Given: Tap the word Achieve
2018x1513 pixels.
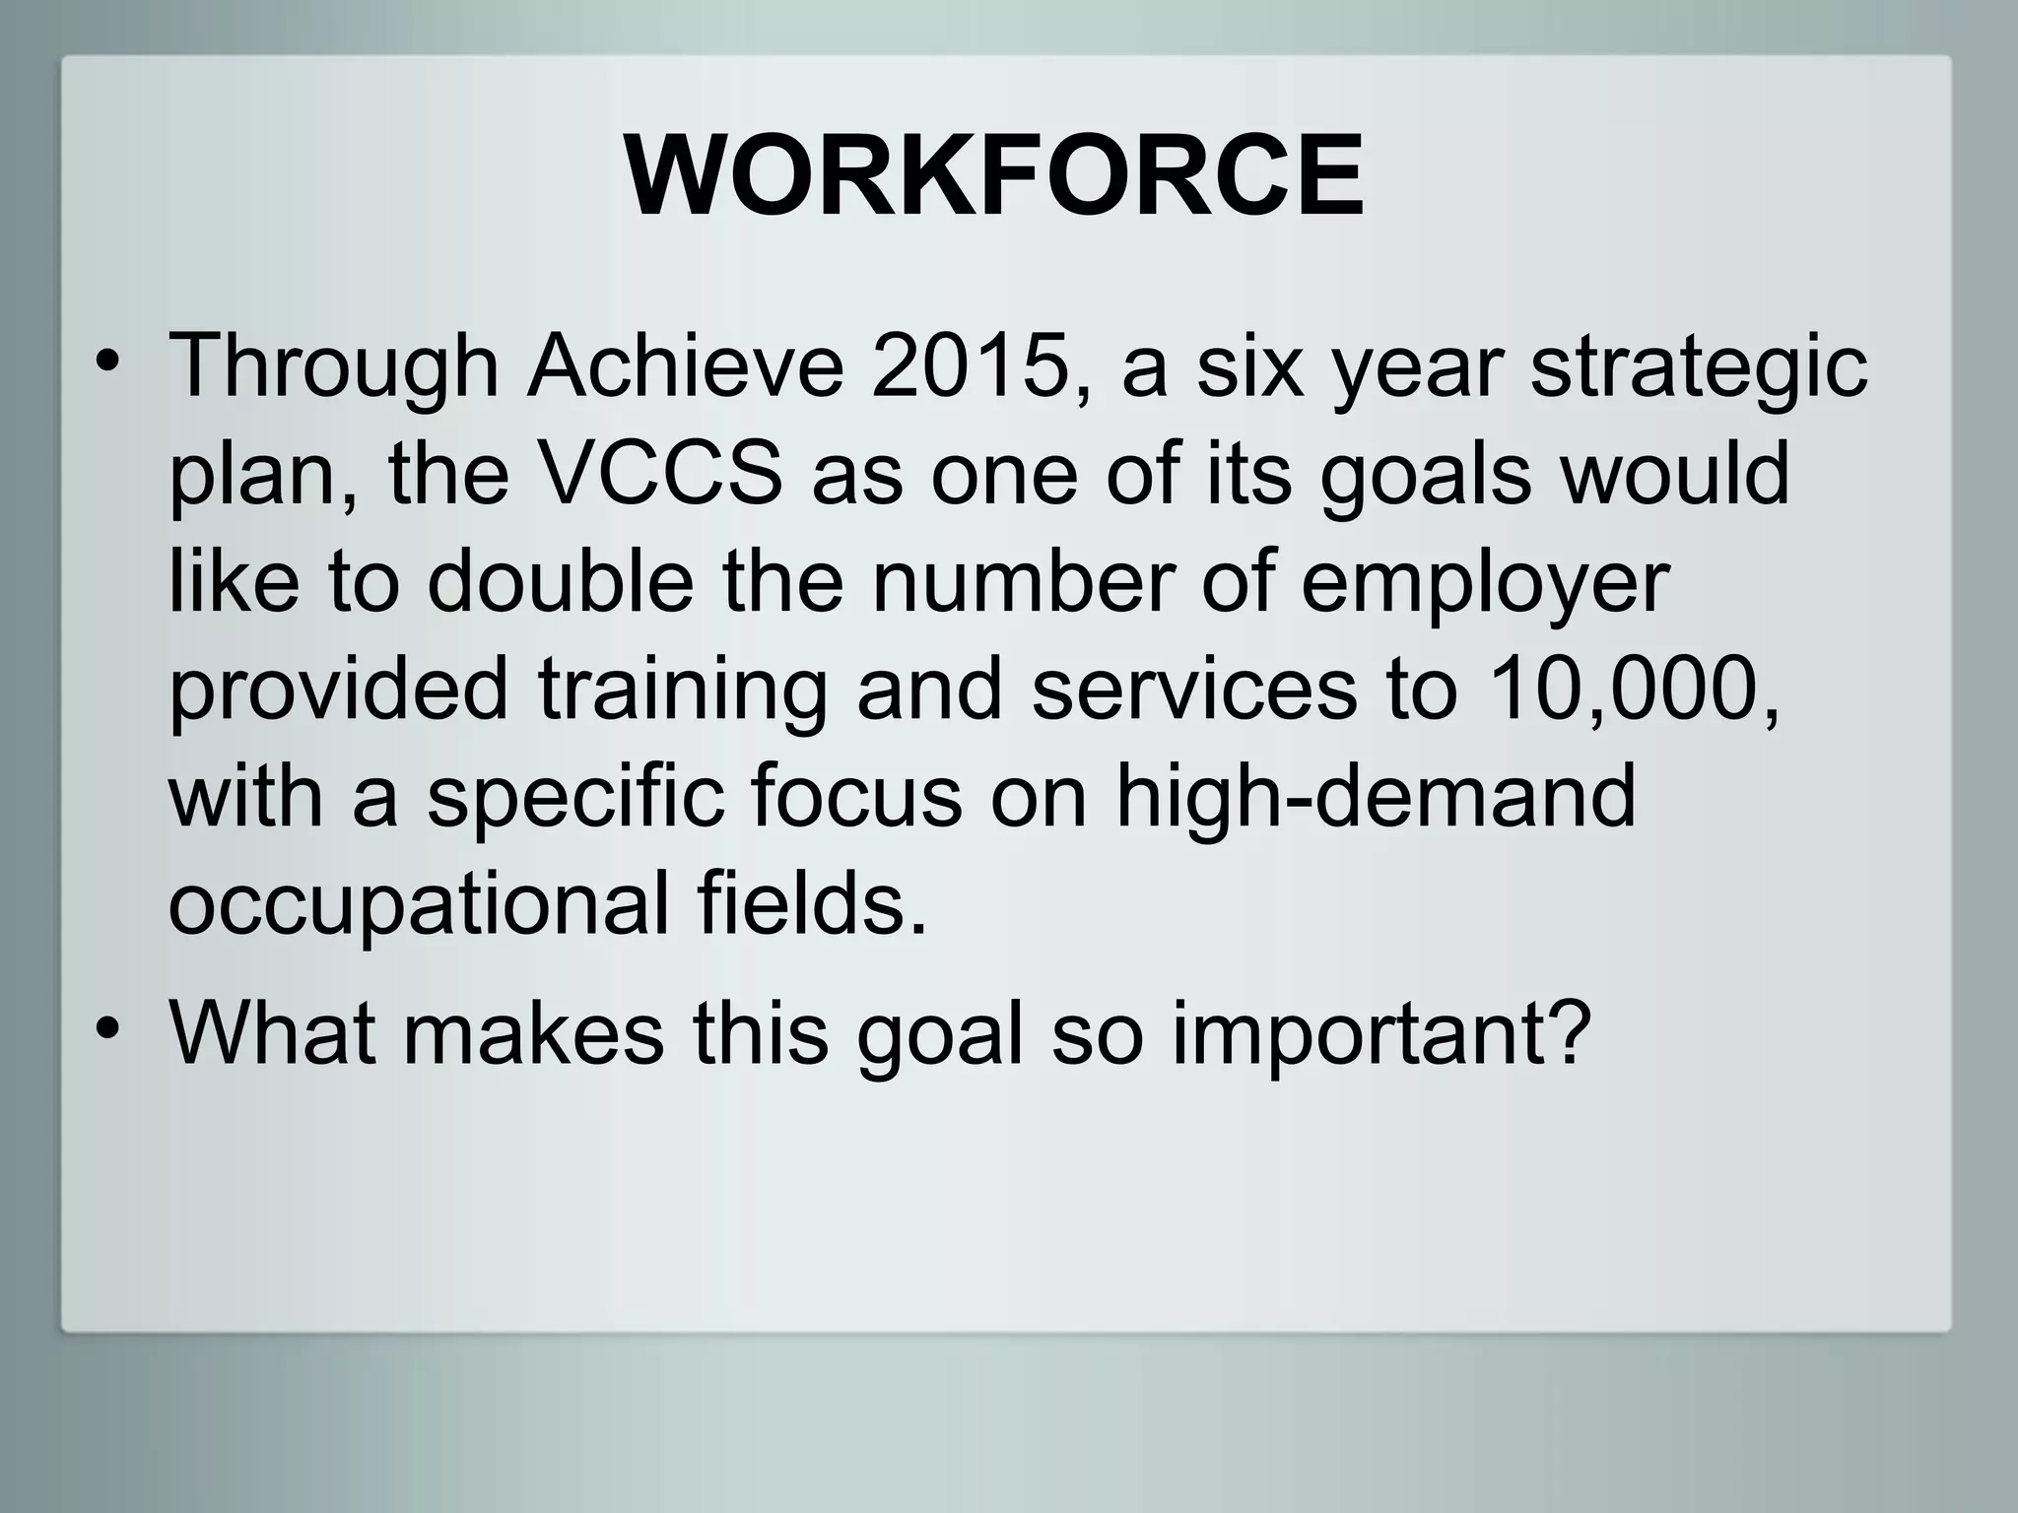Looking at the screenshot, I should [686, 366].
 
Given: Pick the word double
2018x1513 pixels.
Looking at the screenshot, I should [561, 582].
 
